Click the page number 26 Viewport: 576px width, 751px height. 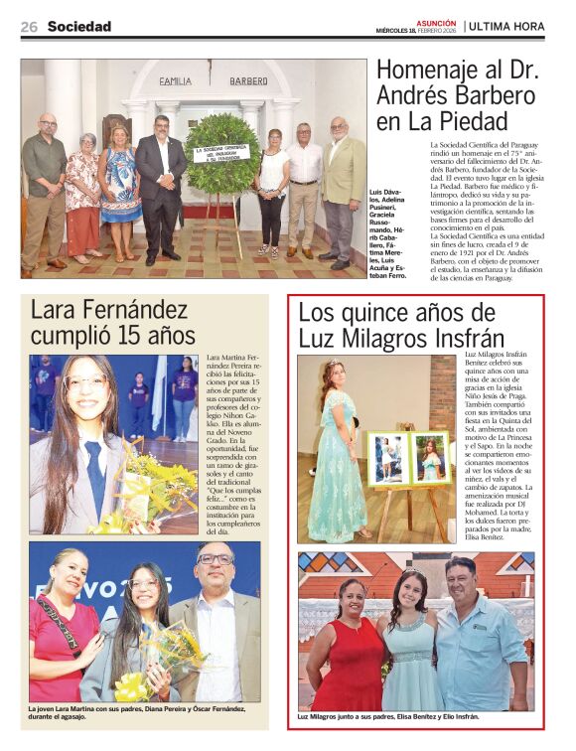point(29,27)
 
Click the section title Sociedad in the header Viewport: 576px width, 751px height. point(79,27)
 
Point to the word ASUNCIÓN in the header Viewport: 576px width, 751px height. point(437,22)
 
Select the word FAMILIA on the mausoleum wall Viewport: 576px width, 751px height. point(176,81)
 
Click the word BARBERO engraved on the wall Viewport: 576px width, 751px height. point(248,81)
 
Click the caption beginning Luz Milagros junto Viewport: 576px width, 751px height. point(388,715)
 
